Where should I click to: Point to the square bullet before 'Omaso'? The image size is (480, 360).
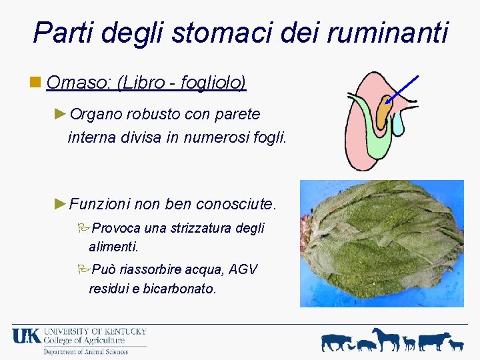click(x=36, y=83)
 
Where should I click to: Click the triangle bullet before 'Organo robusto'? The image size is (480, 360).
click(x=61, y=114)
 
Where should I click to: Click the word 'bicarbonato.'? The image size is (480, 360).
click(x=180, y=289)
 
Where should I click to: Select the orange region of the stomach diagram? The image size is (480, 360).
click(x=383, y=113)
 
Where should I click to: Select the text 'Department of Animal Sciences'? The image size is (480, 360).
click(x=85, y=351)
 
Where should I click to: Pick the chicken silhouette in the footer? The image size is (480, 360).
click(x=456, y=345)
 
